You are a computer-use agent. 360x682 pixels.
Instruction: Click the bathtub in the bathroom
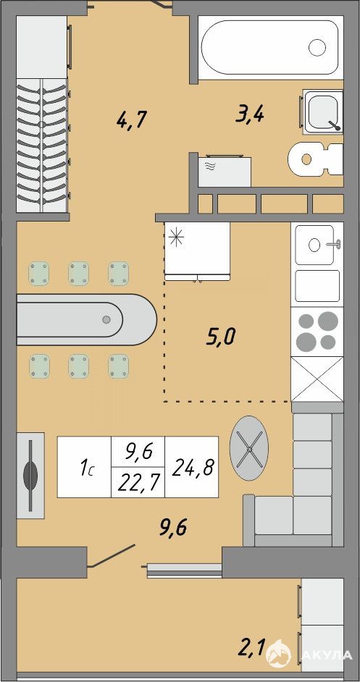(x=270, y=47)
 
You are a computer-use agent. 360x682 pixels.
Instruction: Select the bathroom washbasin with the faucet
(x=323, y=111)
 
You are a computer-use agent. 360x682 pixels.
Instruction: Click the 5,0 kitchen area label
(x=220, y=337)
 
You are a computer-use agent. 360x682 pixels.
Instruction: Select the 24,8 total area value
(x=192, y=467)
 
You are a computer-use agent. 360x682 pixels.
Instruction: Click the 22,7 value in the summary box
(x=138, y=482)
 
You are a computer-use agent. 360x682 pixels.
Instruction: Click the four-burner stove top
(x=317, y=332)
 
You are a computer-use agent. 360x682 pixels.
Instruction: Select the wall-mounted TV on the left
(x=30, y=476)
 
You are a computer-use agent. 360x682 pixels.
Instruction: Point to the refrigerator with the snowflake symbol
(x=197, y=251)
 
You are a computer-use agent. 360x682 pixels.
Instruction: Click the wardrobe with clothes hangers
(x=42, y=146)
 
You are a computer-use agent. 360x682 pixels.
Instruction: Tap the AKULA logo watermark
(x=309, y=654)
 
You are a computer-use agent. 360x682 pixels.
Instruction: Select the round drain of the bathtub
(x=317, y=47)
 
